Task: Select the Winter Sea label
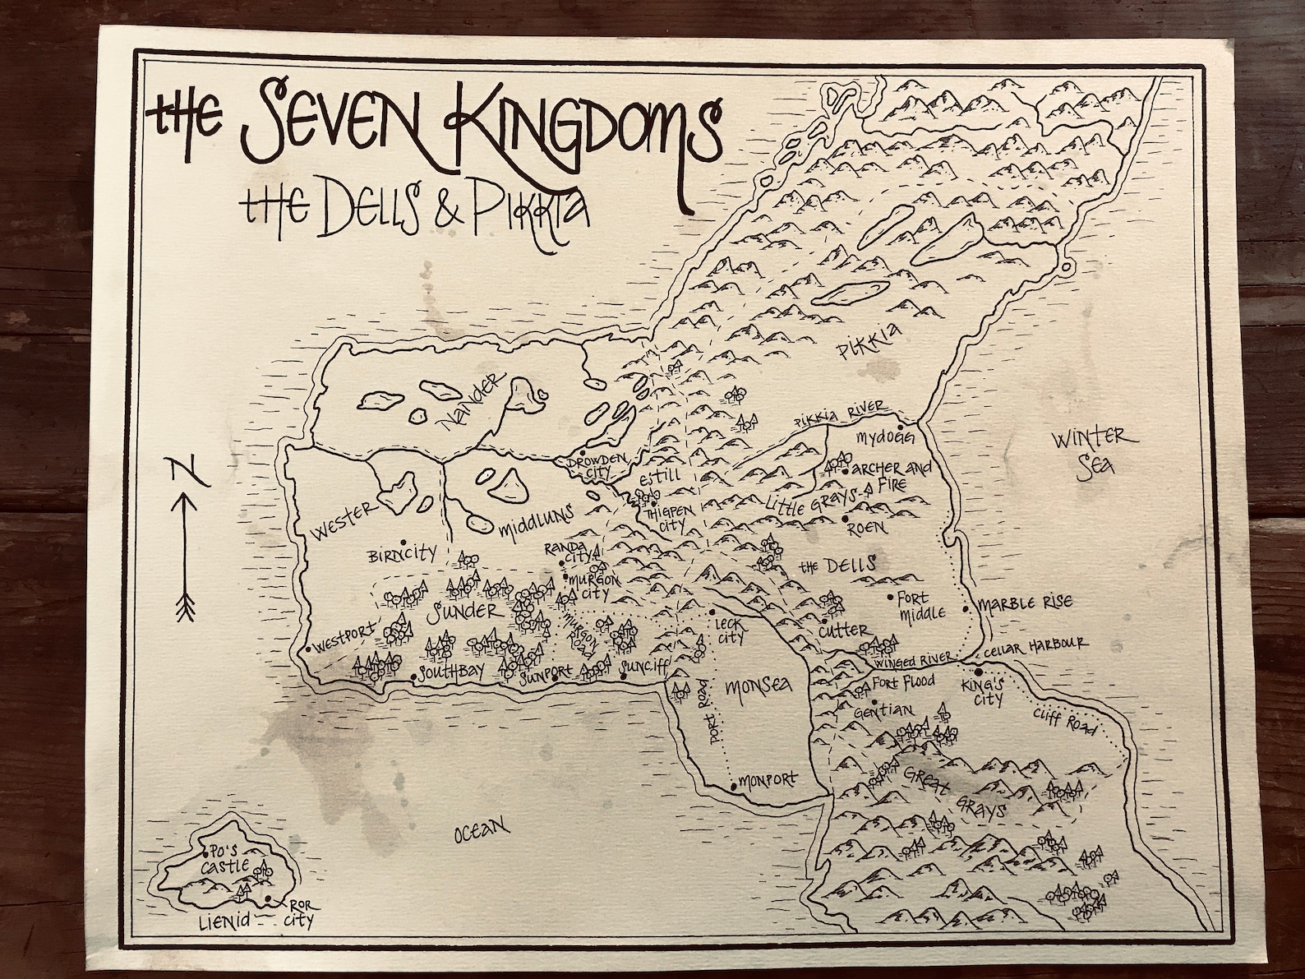click(x=1082, y=451)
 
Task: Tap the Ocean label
click(x=482, y=834)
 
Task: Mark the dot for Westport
click(x=307, y=649)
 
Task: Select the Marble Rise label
click(x=1024, y=604)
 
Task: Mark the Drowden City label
click(x=596, y=464)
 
